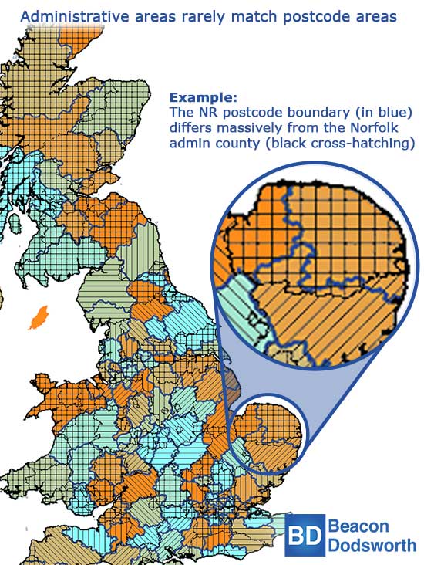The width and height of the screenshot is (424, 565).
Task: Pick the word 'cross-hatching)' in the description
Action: (363, 144)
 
